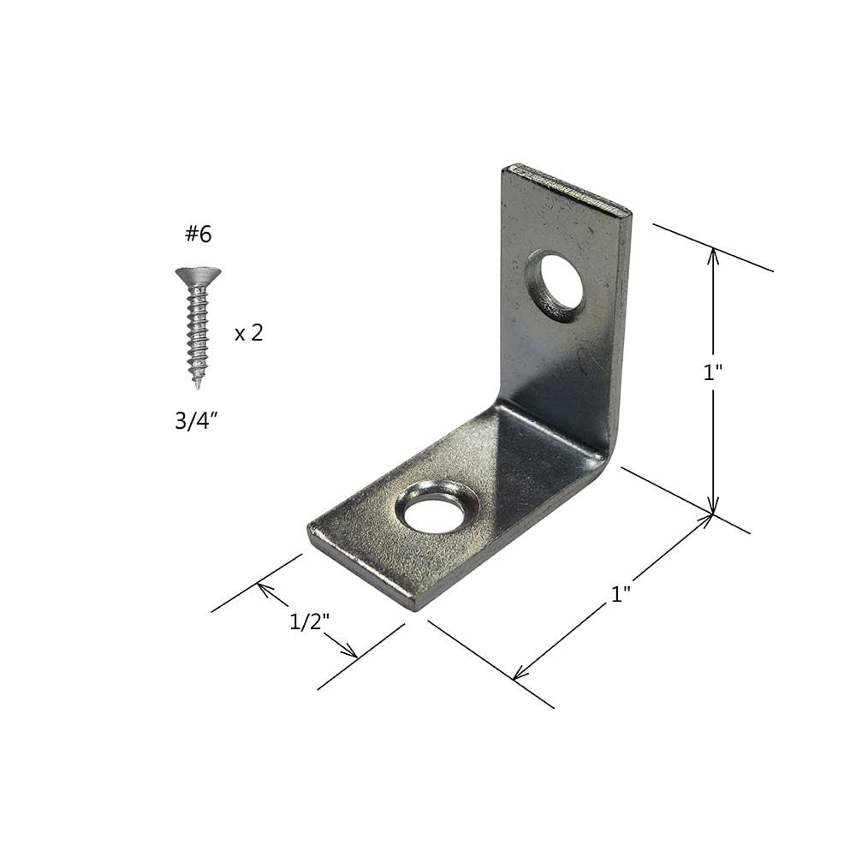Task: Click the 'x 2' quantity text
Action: pos(248,333)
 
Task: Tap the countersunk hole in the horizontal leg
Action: pos(437,512)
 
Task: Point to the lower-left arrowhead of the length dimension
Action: pos(516,676)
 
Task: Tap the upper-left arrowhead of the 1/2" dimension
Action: pos(262,587)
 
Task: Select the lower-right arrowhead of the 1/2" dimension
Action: pos(352,655)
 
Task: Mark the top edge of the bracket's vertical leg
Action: pos(567,187)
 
